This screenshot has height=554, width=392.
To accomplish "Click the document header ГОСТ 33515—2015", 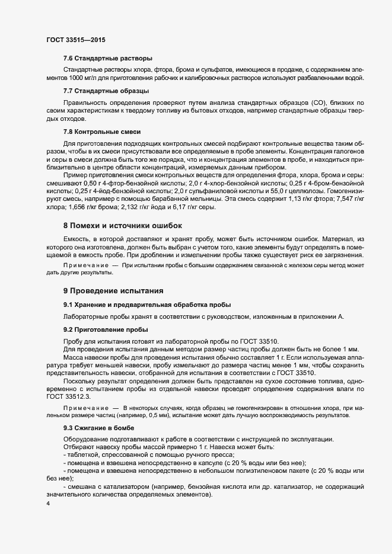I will [x=76, y=40].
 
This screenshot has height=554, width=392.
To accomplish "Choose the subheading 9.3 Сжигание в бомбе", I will [x=98, y=428].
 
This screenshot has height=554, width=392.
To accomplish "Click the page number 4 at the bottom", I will [x=48, y=504].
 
